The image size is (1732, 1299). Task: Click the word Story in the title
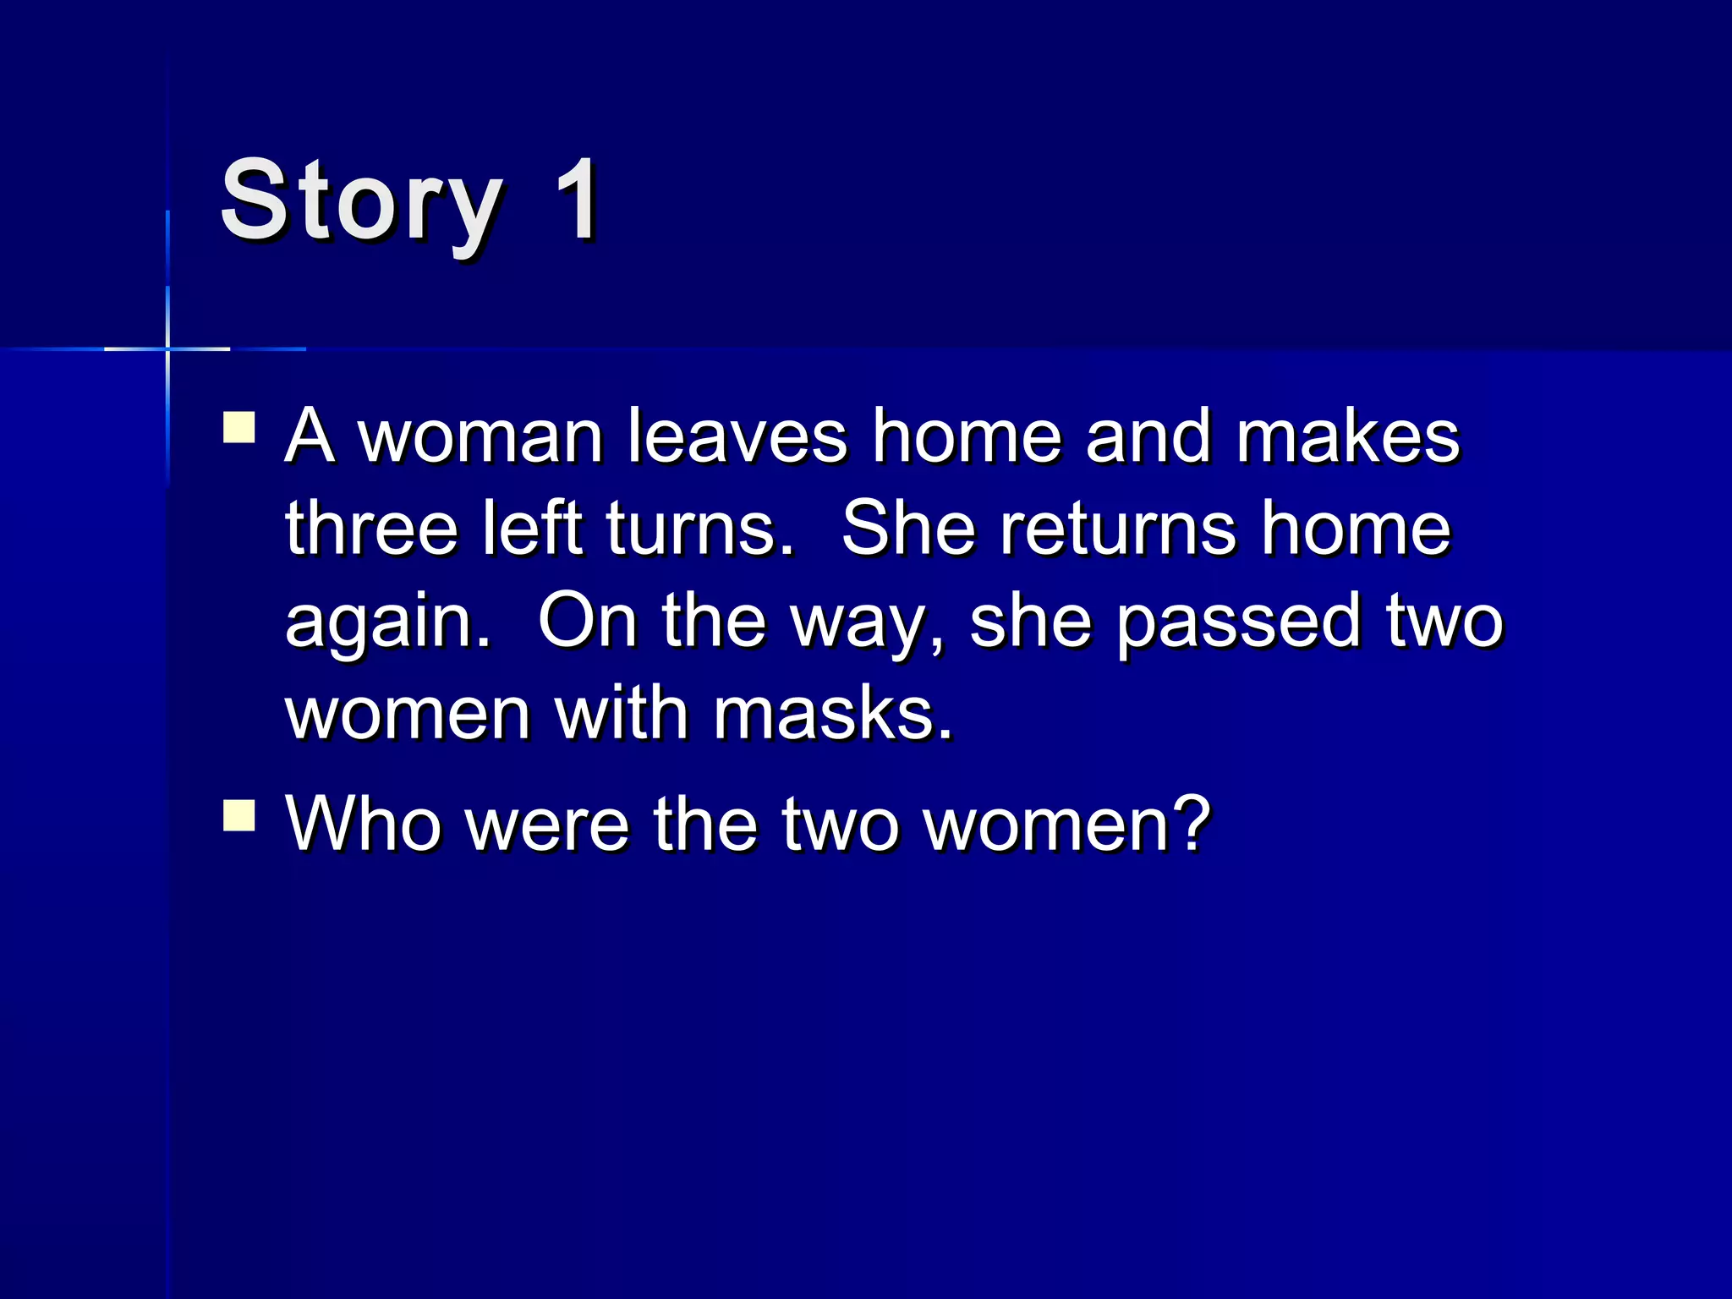point(361,203)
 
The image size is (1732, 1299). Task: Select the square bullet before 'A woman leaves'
point(239,427)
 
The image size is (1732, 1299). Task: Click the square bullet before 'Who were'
point(239,816)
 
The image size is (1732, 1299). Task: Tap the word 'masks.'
point(834,714)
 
